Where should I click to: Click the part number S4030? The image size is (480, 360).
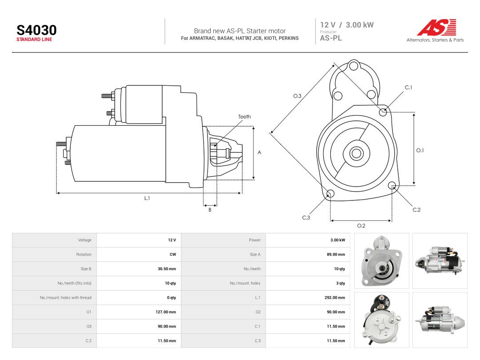click(36, 30)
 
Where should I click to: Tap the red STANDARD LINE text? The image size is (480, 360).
click(34, 40)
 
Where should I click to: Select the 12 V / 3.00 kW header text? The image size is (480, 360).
click(347, 25)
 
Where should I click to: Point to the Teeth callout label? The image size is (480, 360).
click(244, 116)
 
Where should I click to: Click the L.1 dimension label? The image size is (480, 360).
click(147, 198)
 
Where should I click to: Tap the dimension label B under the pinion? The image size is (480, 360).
click(210, 210)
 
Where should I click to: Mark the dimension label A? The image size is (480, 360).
click(259, 152)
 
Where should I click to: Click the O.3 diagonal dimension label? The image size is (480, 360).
click(297, 96)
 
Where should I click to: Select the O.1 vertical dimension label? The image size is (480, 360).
click(420, 150)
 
